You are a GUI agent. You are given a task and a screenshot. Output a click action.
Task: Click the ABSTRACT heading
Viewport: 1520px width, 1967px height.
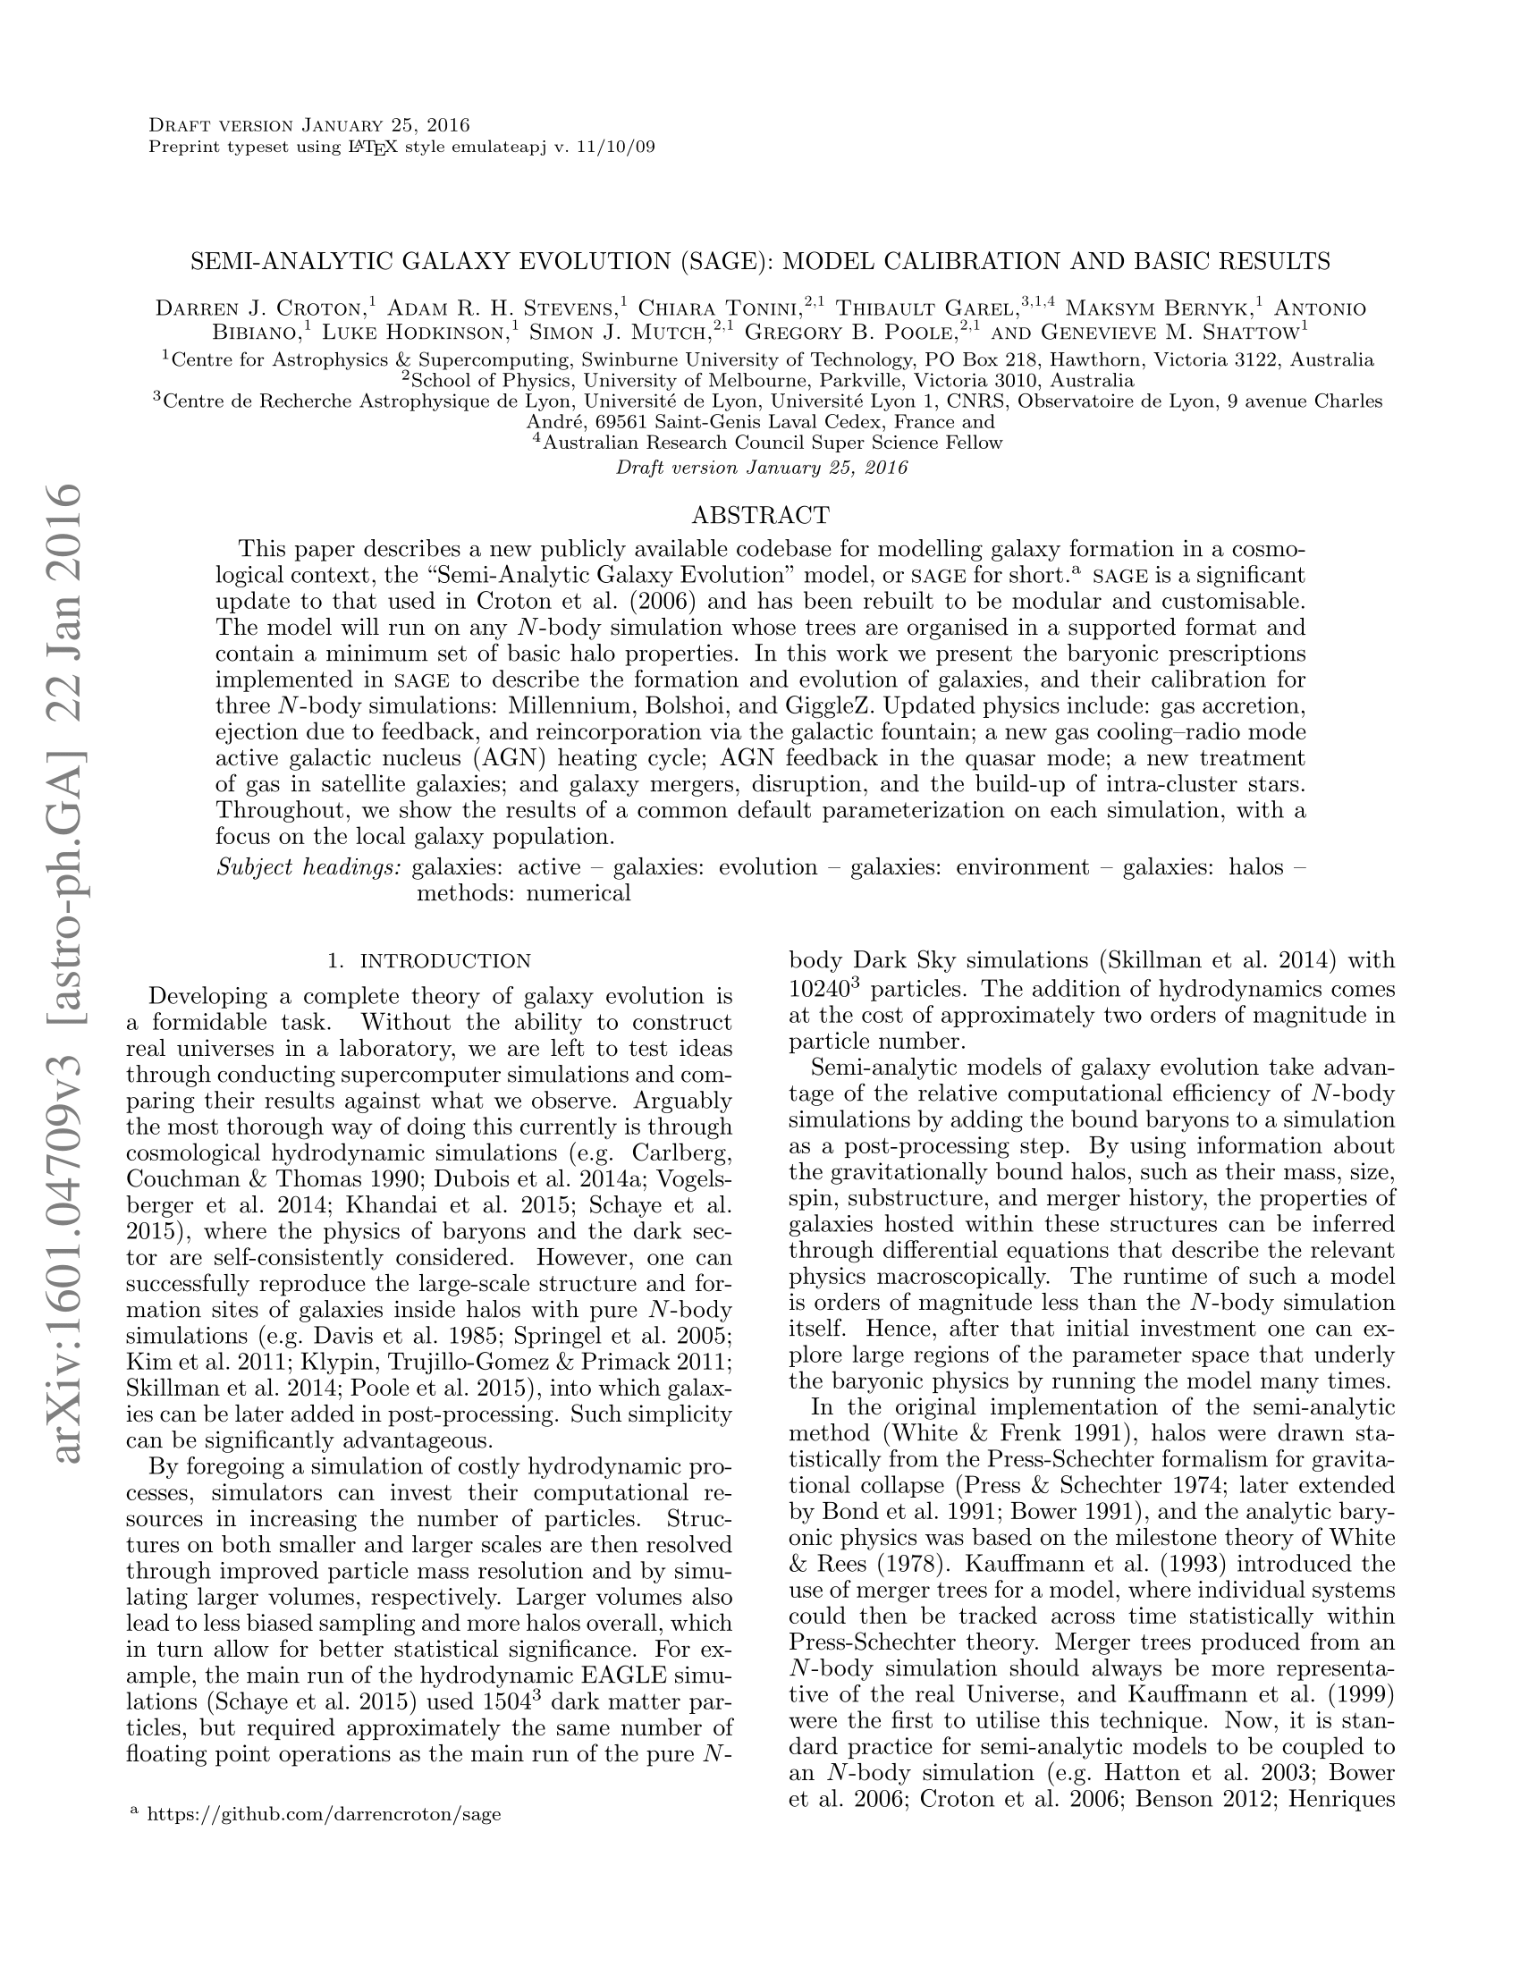(760, 515)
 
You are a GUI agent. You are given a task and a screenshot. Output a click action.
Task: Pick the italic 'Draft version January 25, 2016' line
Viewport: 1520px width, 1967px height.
(761, 468)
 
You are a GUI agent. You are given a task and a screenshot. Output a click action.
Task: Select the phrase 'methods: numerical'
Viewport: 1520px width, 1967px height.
(523, 893)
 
